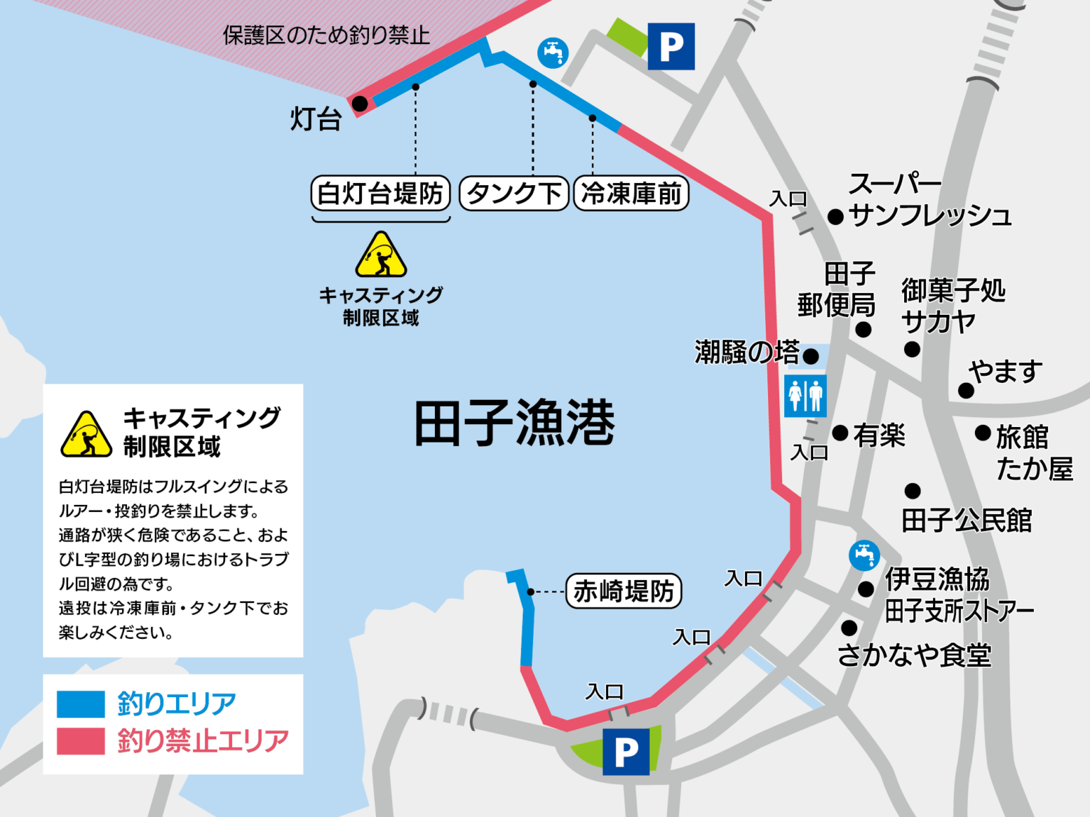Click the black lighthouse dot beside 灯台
coord(360,104)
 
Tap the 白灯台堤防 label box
coord(380,193)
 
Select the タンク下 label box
coord(514,193)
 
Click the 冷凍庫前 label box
coord(631,193)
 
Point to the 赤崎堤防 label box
coord(623,591)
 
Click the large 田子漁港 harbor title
coord(514,423)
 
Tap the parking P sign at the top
coord(671,47)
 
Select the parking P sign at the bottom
coord(625,751)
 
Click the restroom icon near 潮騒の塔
coord(805,396)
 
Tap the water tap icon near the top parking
coord(553,52)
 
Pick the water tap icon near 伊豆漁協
coord(864,555)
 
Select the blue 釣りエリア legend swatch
coord(81,704)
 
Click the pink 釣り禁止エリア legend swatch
coord(81,740)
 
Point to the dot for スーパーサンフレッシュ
coord(836,216)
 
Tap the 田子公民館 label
coord(967,521)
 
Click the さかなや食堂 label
coord(914,655)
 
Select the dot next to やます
coord(966,390)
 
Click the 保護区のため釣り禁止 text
coord(326,35)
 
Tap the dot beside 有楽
coord(840,433)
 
